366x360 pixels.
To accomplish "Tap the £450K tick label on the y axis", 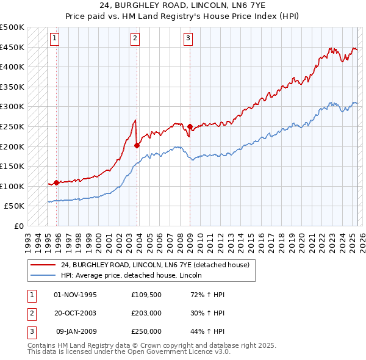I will click(x=12, y=47).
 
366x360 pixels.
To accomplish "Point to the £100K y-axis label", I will click(x=12, y=186).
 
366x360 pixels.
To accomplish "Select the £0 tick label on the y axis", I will click(x=20, y=226).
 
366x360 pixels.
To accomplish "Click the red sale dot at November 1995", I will click(x=57, y=182).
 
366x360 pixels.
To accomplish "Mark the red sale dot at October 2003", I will click(x=137, y=145).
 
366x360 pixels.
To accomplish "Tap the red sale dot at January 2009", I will click(x=190, y=127).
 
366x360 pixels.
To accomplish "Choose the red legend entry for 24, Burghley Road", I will click(x=156, y=265).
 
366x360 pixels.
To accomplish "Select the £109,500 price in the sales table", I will click(x=146, y=295).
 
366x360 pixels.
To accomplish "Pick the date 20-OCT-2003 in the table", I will click(x=76, y=313).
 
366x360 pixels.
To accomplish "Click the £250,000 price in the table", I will click(x=146, y=331).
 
